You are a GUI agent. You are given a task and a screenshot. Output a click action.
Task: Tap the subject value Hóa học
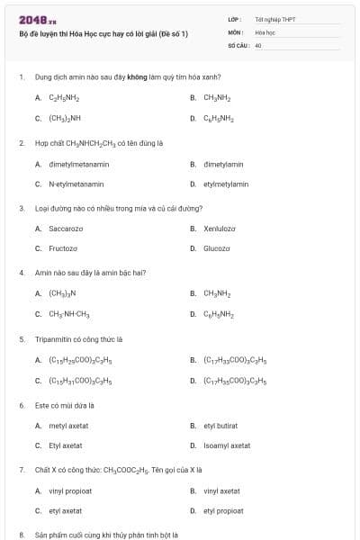coord(265,31)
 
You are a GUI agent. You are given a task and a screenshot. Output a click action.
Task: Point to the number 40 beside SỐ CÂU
coord(258,44)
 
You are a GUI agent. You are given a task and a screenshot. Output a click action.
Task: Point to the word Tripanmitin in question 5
coord(52,340)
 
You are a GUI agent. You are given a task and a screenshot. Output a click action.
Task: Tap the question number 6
coord(22,406)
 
